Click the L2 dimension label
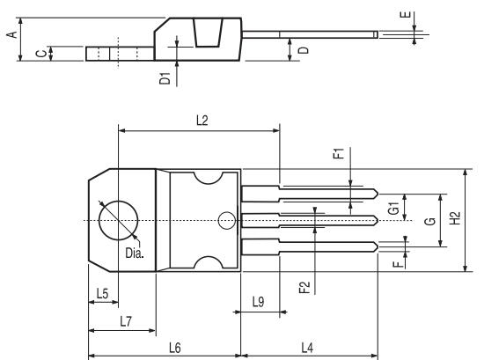202,120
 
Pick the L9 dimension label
258,301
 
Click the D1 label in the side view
165,78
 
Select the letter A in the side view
11,34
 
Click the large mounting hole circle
118,220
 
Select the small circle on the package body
226,220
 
